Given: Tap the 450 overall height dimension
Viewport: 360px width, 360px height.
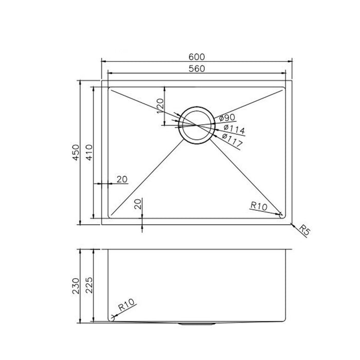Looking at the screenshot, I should click(76, 152).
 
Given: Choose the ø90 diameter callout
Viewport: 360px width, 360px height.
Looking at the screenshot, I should click(227, 118).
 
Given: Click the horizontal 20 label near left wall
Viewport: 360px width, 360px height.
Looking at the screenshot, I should click(121, 179).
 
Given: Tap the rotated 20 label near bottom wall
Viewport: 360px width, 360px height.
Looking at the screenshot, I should click(137, 204).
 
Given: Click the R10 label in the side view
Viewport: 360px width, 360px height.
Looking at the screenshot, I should click(124, 309).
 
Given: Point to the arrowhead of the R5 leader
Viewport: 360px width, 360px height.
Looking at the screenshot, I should click(291, 224).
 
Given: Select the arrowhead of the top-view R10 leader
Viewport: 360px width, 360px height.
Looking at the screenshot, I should click(281, 214).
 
